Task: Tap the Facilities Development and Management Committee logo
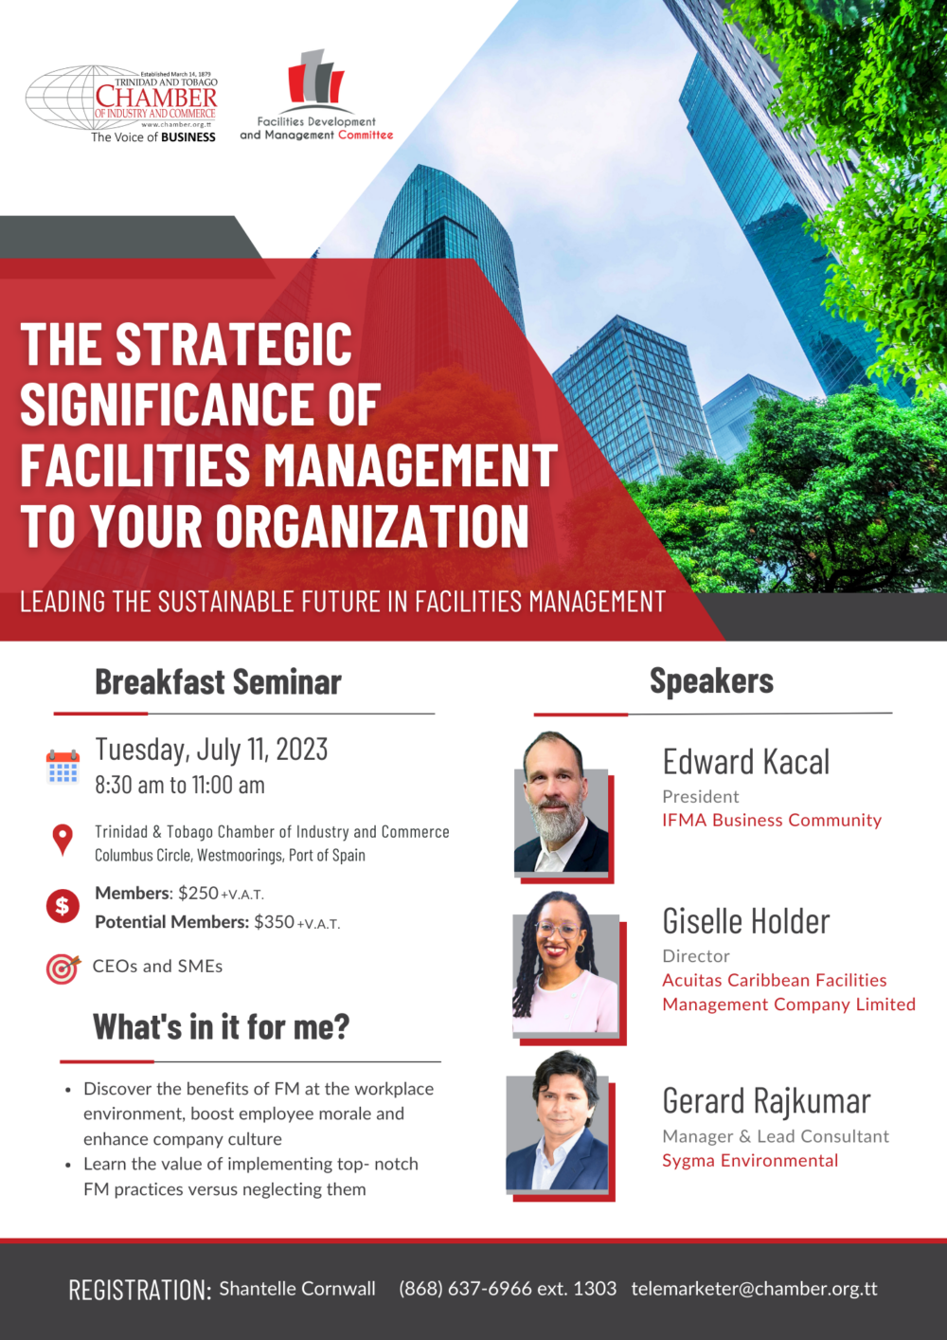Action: (x=316, y=95)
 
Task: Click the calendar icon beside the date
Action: (x=63, y=767)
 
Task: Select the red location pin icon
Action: (x=63, y=839)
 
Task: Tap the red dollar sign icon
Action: (x=63, y=906)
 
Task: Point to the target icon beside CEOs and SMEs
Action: (x=63, y=969)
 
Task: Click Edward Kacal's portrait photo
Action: (x=563, y=804)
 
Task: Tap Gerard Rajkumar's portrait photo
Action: (x=559, y=1123)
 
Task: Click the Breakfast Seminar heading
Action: (x=218, y=682)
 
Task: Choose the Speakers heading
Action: (x=711, y=681)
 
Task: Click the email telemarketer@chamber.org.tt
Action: (x=754, y=1289)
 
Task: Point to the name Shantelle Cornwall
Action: (x=297, y=1289)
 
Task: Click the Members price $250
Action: (x=198, y=893)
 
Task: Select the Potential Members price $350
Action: (x=274, y=922)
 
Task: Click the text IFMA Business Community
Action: (x=772, y=821)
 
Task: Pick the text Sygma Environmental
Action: (x=750, y=1161)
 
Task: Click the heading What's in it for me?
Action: (x=222, y=1027)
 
